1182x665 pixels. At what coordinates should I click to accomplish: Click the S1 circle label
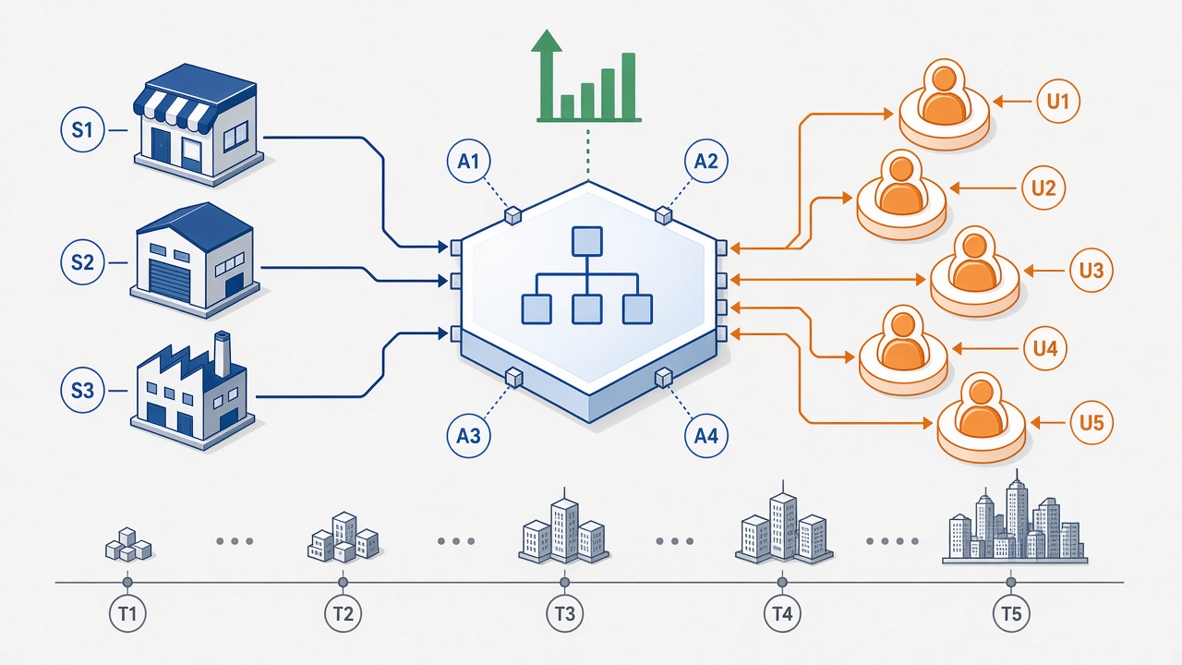click(x=82, y=130)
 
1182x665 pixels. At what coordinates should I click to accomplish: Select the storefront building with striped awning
click(x=199, y=125)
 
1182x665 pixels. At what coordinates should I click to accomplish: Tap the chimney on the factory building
click(x=223, y=354)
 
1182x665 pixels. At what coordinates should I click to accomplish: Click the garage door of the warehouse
click(x=169, y=282)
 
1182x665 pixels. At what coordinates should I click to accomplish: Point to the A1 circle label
click(x=468, y=161)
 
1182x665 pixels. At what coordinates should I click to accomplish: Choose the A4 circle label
click(x=706, y=436)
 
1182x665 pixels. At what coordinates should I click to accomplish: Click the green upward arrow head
click(x=547, y=42)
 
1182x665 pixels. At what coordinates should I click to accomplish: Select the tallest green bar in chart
click(x=628, y=86)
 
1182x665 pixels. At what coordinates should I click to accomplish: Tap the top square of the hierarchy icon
click(x=587, y=242)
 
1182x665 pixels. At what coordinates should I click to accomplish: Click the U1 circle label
click(x=1058, y=101)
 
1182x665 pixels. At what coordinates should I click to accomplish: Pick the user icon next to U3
click(x=974, y=272)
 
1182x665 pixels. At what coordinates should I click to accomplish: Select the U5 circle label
click(x=1092, y=423)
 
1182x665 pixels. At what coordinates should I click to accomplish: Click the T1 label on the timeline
click(x=127, y=614)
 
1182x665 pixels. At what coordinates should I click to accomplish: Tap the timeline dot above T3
click(x=564, y=582)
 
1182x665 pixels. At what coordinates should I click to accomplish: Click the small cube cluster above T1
click(x=128, y=545)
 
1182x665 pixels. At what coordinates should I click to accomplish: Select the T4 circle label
click(x=782, y=614)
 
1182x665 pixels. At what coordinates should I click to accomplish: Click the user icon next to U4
click(x=903, y=350)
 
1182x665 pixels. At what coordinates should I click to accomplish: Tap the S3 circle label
click(x=82, y=391)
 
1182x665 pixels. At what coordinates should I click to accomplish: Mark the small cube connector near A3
click(x=513, y=378)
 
